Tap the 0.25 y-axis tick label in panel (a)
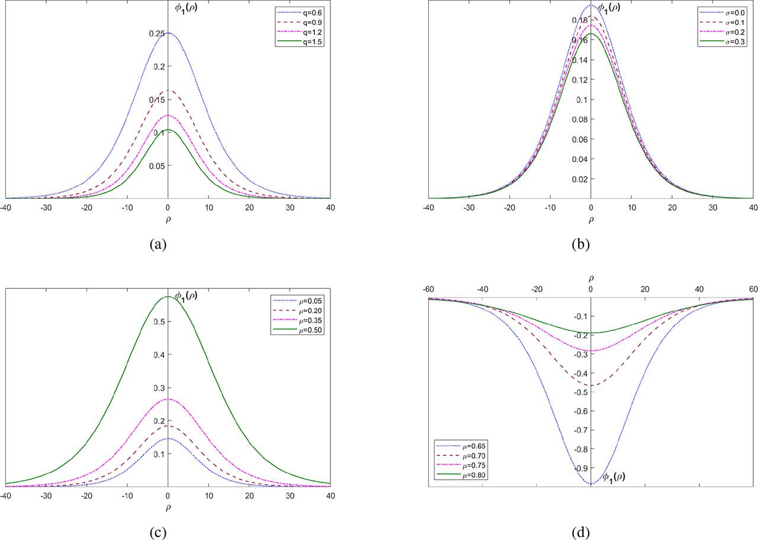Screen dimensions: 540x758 [157, 34]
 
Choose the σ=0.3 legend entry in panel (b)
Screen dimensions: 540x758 [736, 43]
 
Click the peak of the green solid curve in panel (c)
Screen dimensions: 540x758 [168, 297]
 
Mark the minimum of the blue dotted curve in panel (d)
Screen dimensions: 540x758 [590, 484]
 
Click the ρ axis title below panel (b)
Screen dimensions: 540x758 [590, 219]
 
